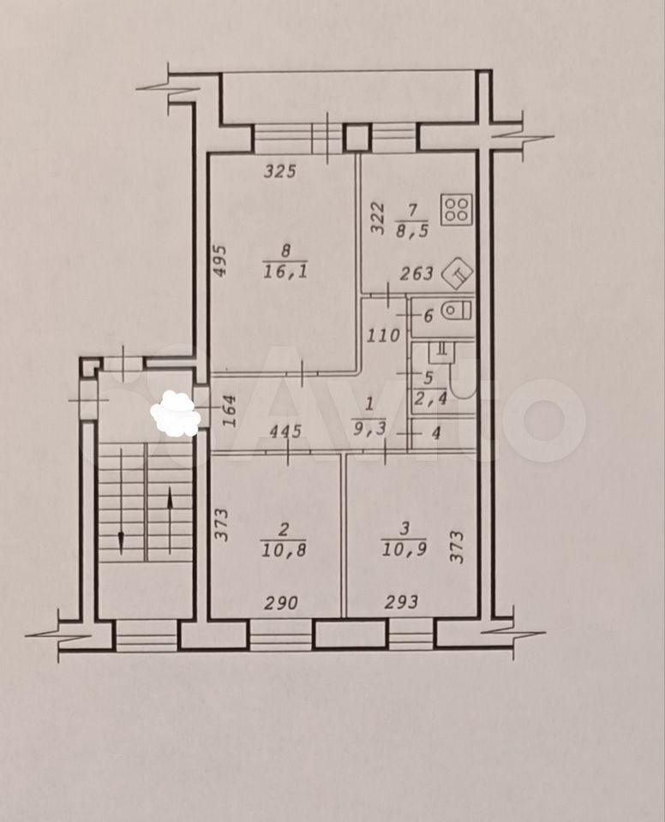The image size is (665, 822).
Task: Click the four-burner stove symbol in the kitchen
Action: (457, 210)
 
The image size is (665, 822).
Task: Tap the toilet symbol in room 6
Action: (457, 311)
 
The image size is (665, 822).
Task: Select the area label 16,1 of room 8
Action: (285, 271)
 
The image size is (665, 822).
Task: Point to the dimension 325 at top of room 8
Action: (280, 171)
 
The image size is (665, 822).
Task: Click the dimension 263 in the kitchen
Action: (416, 273)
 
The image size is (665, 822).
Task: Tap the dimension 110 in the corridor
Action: (382, 335)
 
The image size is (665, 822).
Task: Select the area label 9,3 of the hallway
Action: (369, 430)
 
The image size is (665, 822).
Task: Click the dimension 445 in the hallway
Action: (285, 431)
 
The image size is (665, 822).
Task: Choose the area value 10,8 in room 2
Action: (284, 551)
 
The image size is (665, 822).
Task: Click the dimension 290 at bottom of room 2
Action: (281, 602)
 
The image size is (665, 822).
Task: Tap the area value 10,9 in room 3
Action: (404, 549)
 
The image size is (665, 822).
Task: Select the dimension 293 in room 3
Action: (402, 601)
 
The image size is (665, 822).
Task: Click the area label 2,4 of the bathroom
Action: (430, 399)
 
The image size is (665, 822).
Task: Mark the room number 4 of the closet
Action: (436, 433)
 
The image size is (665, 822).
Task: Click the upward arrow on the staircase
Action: (170, 520)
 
